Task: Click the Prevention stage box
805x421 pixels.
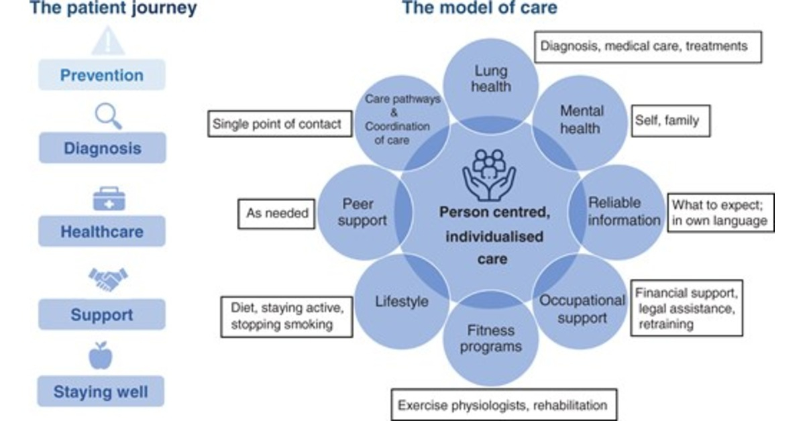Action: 101,75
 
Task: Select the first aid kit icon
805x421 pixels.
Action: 109,199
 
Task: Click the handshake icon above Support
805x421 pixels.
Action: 108,278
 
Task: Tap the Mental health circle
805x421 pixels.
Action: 580,119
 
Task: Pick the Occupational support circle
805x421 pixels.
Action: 582,308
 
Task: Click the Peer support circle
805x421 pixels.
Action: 362,212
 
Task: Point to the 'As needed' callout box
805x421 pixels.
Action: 276,213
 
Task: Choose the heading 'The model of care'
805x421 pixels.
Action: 479,9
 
